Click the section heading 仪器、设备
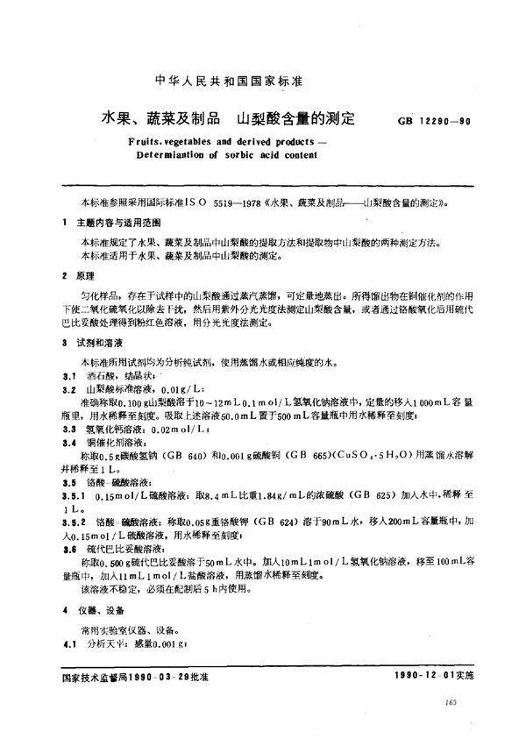[99, 609]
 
